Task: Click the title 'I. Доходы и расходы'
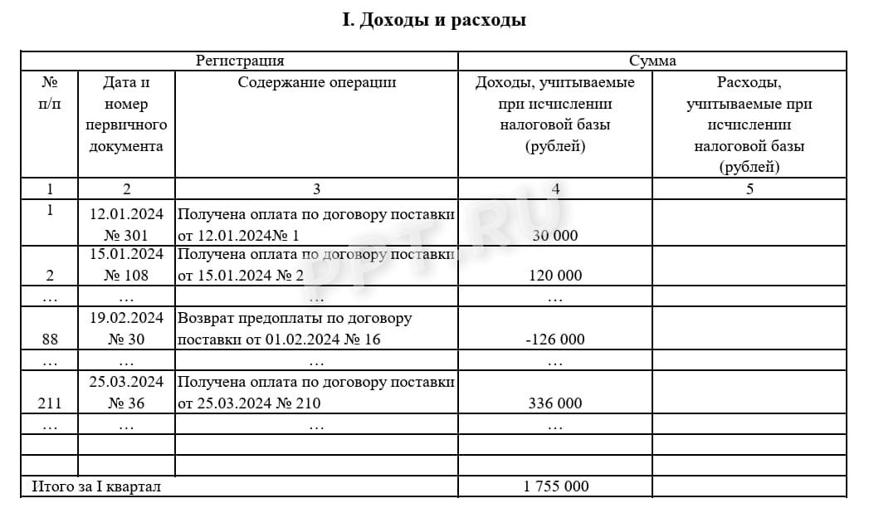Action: tap(434, 20)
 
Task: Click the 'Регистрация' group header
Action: tap(240, 61)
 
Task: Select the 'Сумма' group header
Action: tap(652, 61)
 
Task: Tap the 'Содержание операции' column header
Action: tap(316, 82)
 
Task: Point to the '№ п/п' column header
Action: tap(50, 93)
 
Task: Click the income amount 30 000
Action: tap(554, 235)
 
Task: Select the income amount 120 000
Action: tap(554, 275)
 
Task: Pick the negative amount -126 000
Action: tap(554, 339)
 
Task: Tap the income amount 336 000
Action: tap(554, 403)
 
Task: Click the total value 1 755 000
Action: tap(555, 486)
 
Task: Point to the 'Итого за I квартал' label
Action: tap(96, 486)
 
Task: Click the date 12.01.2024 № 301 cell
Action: tap(127, 224)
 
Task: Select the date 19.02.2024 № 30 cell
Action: tap(127, 329)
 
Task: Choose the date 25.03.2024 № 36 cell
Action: tap(127, 393)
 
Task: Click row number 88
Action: tap(50, 339)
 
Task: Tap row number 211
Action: tap(50, 403)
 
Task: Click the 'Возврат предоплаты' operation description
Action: tap(295, 329)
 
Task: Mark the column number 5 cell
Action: tap(749, 188)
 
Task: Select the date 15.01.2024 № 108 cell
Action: tap(127, 264)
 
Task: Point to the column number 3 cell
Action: tap(316, 188)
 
